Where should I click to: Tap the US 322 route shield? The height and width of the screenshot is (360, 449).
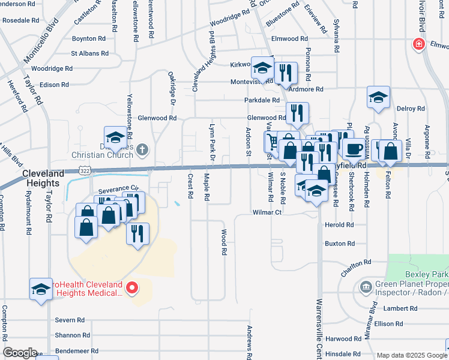click(x=88, y=172)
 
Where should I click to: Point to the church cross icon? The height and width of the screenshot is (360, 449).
click(x=142, y=148)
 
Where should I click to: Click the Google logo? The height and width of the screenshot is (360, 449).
click(x=20, y=353)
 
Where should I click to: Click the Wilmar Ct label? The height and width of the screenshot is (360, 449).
click(x=267, y=212)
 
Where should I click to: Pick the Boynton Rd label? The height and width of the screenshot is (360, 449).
click(x=89, y=38)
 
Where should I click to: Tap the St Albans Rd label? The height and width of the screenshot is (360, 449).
click(x=89, y=53)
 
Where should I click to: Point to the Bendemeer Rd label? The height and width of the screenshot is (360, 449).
click(x=76, y=350)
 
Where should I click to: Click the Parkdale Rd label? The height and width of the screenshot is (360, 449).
click(x=262, y=100)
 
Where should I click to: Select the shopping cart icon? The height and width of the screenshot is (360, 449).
click(x=272, y=142)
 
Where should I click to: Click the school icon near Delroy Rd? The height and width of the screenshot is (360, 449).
click(x=379, y=97)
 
